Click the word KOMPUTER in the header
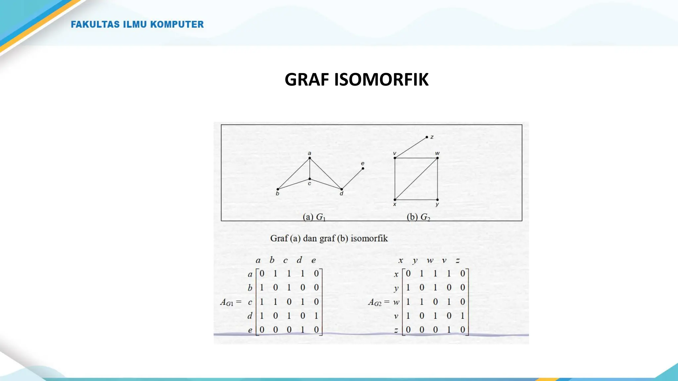(x=177, y=24)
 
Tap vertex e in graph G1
(x=363, y=168)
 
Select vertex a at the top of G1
(x=310, y=158)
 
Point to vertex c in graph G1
(x=310, y=179)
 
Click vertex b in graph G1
(x=278, y=189)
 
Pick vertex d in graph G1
(x=342, y=189)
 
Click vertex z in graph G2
(x=427, y=137)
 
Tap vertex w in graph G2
(x=437, y=158)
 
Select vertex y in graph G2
(x=437, y=200)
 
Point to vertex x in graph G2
(x=395, y=200)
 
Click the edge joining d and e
(x=352, y=179)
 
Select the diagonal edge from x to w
(x=416, y=179)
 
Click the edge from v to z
(x=411, y=148)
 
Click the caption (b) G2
(x=418, y=217)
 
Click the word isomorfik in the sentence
(x=369, y=238)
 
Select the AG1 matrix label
(x=227, y=302)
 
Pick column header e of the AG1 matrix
(x=314, y=261)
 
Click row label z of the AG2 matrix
(x=396, y=330)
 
